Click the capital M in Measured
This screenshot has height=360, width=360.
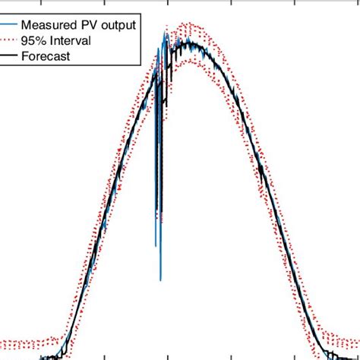point(27,25)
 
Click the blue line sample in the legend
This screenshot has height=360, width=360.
point(10,25)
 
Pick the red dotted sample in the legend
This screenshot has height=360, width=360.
point(10,40)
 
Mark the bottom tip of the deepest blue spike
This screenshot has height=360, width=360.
point(160,279)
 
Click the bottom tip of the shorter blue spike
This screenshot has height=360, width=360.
point(156,246)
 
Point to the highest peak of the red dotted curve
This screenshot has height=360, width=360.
point(187,24)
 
